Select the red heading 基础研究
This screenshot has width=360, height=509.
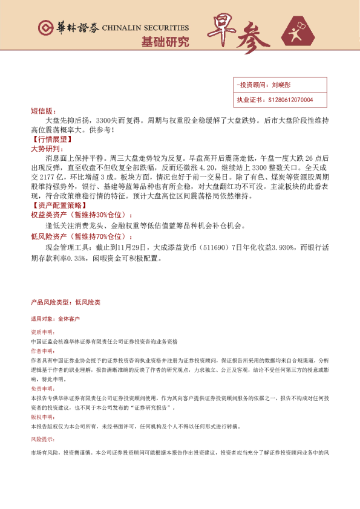pos(165,42)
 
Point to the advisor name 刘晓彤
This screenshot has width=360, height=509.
pos(282,86)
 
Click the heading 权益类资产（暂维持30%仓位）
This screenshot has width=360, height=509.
pos(80,215)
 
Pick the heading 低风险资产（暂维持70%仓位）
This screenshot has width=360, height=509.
pos(80,237)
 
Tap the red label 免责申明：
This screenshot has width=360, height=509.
pos(41,390)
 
